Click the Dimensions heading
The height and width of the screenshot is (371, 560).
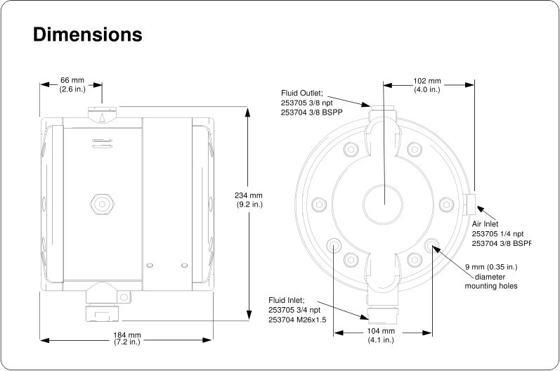pyautogui.click(x=88, y=34)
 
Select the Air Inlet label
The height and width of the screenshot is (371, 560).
pyautogui.click(x=485, y=224)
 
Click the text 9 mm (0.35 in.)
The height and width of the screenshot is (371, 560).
pyautogui.click(x=491, y=267)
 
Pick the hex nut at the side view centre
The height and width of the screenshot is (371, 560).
pyautogui.click(x=102, y=204)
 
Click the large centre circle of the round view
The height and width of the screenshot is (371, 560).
pyautogui.click(x=383, y=204)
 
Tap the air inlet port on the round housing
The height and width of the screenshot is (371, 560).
pyautogui.click(x=470, y=204)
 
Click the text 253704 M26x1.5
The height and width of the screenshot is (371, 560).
pyautogui.click(x=297, y=320)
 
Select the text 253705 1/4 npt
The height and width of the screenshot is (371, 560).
pyautogui.click(x=497, y=234)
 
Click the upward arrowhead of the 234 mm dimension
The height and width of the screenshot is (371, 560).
pyautogui.click(x=247, y=112)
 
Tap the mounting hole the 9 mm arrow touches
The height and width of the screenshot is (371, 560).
pyautogui.click(x=431, y=245)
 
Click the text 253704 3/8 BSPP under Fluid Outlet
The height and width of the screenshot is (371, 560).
pyautogui.click(x=311, y=112)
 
